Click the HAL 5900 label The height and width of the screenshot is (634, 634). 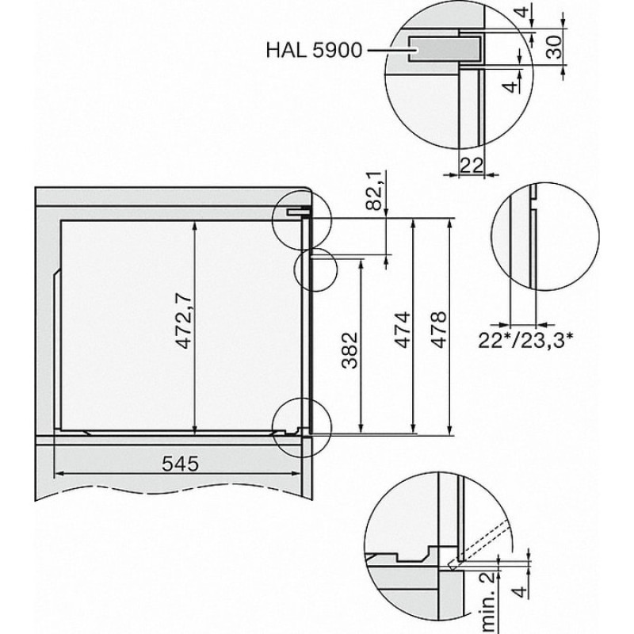pyautogui.click(x=314, y=50)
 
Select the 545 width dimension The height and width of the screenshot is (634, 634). pyautogui.click(x=181, y=464)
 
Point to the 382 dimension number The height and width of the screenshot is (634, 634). pyautogui.click(x=350, y=350)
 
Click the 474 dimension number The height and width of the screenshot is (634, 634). pyautogui.click(x=403, y=330)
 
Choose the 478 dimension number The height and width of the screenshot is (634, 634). pyautogui.click(x=438, y=330)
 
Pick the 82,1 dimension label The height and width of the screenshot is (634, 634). pyautogui.click(x=373, y=190)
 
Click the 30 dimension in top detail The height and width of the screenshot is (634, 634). pyautogui.click(x=555, y=47)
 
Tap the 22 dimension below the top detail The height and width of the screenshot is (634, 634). pyautogui.click(x=472, y=165)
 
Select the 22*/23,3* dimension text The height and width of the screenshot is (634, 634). pyautogui.click(x=525, y=341)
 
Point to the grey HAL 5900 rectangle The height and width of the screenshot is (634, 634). pyautogui.click(x=445, y=49)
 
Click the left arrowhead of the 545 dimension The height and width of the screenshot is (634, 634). pyautogui.click(x=59, y=474)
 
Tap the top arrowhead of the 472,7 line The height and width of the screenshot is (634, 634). pyautogui.click(x=195, y=225)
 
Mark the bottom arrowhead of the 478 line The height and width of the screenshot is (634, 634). pyautogui.click(x=450, y=430)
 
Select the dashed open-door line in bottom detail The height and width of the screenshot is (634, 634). pyautogui.click(x=480, y=543)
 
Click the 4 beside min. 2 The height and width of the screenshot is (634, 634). pyautogui.click(x=521, y=591)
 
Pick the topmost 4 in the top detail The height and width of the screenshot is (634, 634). pyautogui.click(x=523, y=12)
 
